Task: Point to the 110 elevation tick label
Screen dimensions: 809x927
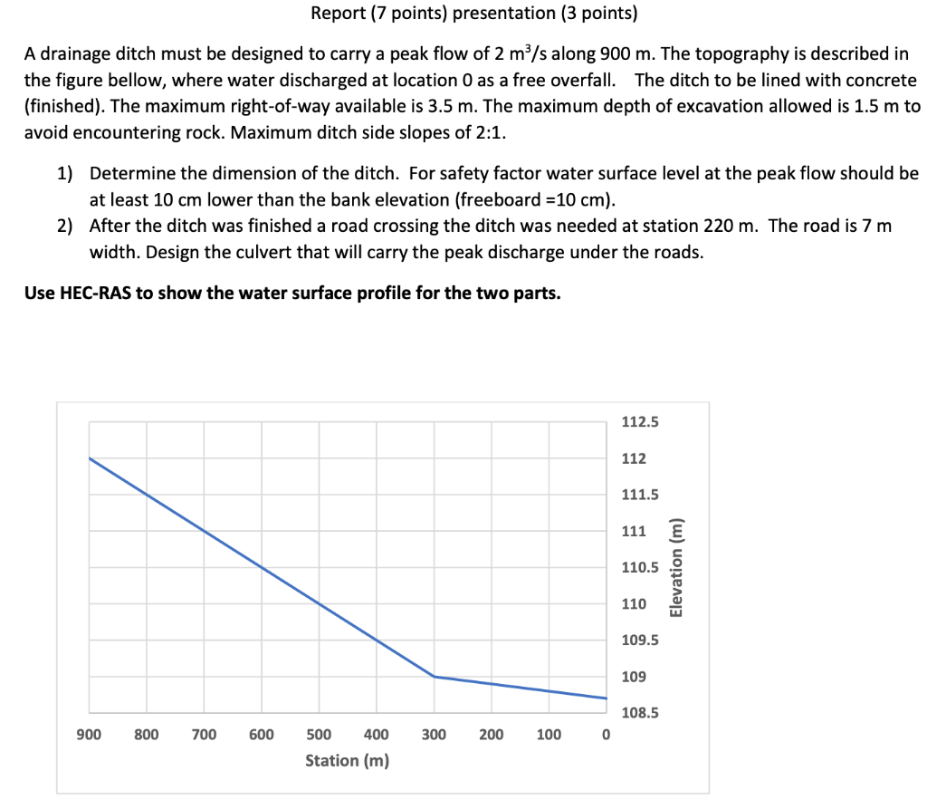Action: point(634,604)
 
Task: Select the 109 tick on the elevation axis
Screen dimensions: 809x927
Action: point(634,677)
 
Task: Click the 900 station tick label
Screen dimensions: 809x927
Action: point(89,734)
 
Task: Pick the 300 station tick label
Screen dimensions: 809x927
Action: point(434,734)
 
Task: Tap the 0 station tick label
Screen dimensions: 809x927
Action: point(606,734)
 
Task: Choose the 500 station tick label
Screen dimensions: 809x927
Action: point(319,734)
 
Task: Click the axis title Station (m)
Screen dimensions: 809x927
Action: point(348,760)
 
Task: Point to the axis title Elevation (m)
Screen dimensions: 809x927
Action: point(674,568)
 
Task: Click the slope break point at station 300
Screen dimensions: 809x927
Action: point(435,677)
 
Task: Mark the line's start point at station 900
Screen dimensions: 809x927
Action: point(90,458)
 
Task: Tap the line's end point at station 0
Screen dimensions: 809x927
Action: point(606,698)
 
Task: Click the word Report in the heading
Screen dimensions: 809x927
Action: point(338,14)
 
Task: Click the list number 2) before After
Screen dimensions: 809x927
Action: point(65,226)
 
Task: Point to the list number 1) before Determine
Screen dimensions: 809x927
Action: point(65,173)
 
